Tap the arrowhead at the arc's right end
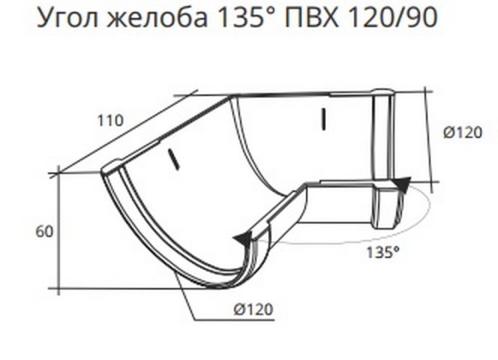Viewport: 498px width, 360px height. [x=402, y=184]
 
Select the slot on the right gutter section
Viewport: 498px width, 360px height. [x=322, y=118]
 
